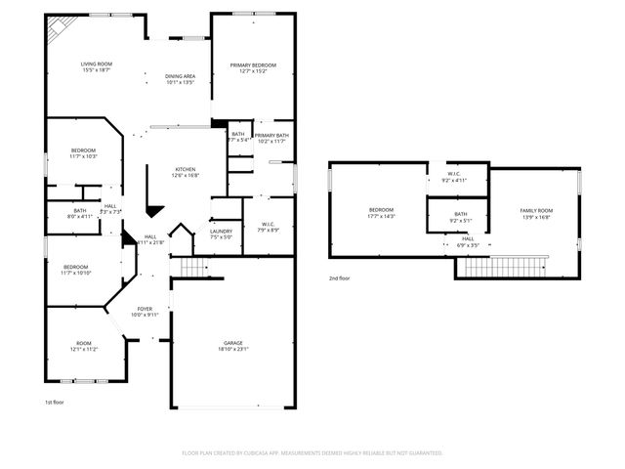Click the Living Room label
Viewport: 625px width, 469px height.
(96, 66)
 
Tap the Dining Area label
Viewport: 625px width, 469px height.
(180, 79)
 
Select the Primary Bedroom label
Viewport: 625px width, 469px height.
(253, 67)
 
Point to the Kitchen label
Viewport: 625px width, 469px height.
(186, 173)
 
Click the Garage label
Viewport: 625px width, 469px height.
(233, 346)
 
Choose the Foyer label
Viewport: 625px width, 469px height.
(145, 312)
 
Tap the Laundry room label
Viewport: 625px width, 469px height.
(221, 234)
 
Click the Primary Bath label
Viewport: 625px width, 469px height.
(271, 138)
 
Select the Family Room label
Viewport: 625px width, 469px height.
(536, 214)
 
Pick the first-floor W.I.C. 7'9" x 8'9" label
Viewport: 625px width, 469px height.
(270, 228)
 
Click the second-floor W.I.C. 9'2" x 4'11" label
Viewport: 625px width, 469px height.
(455, 179)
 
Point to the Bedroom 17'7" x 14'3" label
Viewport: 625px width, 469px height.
(381, 213)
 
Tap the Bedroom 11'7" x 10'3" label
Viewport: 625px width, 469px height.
(83, 153)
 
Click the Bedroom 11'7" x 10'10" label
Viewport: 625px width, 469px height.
(76, 270)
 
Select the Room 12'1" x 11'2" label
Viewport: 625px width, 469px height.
(83, 346)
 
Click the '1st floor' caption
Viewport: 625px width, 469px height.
(55, 403)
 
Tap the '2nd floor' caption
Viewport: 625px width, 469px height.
(340, 278)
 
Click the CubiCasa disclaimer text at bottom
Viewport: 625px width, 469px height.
(312, 452)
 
